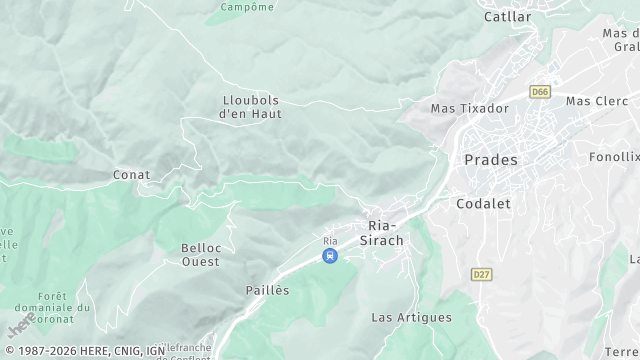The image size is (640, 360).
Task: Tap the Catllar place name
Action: (507, 17)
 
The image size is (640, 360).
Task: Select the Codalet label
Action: (483, 203)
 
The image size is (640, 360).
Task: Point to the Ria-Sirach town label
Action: (385, 232)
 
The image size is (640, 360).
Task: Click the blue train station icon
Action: (330, 256)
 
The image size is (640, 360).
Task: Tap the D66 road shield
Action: (540, 92)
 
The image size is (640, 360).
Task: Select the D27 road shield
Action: (482, 273)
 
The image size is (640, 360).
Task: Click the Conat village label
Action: (131, 175)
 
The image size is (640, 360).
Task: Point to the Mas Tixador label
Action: (469, 108)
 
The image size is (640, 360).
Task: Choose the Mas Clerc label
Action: (597, 101)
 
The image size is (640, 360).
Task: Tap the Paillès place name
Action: (267, 290)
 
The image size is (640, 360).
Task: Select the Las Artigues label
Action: (411, 318)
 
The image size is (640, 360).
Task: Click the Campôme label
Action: (246, 7)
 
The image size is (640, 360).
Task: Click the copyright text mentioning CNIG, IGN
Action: (85, 351)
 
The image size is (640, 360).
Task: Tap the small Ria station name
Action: (330, 241)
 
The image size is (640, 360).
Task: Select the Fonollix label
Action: (613, 157)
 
